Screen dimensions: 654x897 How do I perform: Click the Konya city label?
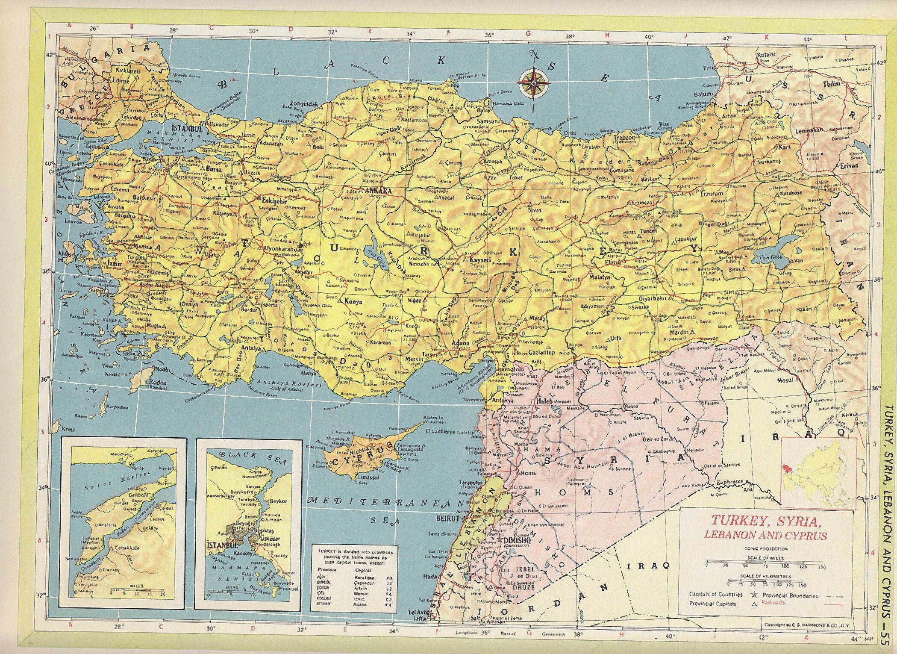click(x=353, y=301)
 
